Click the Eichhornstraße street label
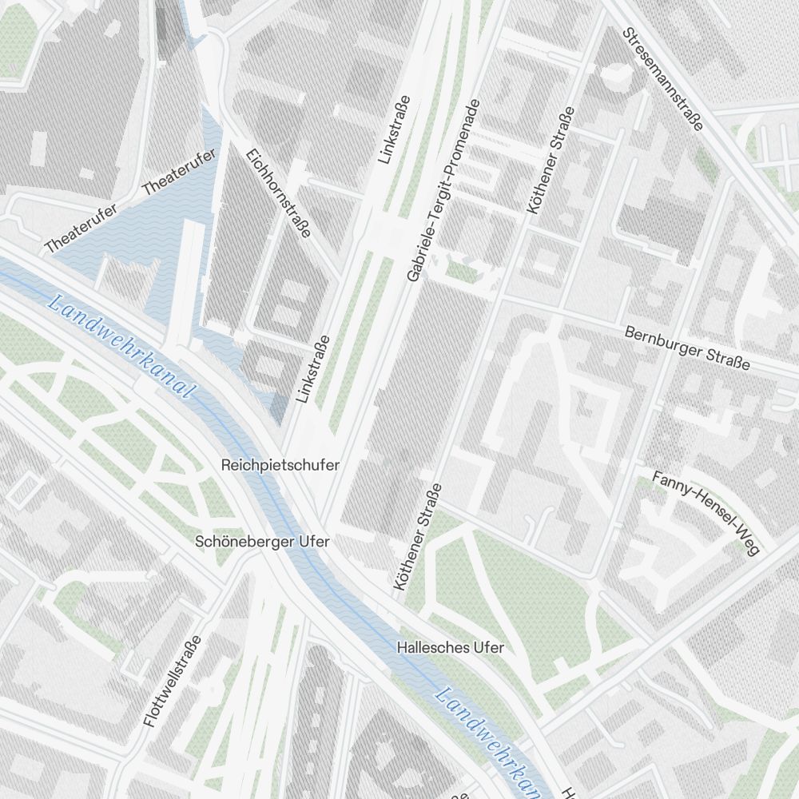[278, 193]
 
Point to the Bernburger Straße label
[687, 348]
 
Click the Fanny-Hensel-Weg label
[705, 512]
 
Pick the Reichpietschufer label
[280, 465]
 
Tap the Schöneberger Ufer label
[262, 542]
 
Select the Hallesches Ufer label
[451, 647]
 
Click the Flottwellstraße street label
[173, 681]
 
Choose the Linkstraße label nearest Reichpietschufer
[313, 368]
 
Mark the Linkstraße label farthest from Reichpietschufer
[395, 129]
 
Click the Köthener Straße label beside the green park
[417, 537]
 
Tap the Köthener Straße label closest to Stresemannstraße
[551, 160]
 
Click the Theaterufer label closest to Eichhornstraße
[179, 173]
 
